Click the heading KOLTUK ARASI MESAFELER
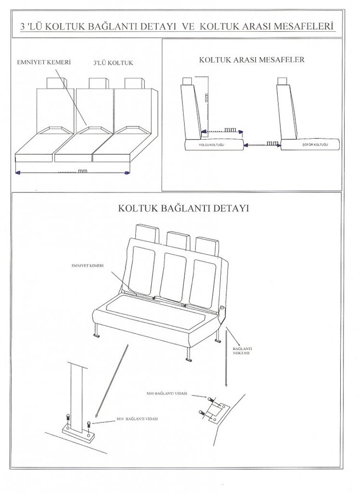click(252, 59)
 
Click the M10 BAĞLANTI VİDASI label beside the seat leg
click(138, 419)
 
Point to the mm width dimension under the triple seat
click(82, 171)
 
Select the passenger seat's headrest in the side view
click(187, 82)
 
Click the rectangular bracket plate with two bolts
click(212, 409)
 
